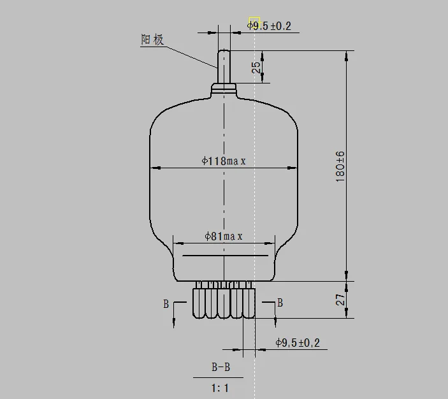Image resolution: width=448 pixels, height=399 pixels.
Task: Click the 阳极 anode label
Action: (152, 40)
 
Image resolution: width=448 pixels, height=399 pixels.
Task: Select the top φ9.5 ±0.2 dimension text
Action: (269, 26)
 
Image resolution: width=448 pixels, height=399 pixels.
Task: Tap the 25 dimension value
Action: (256, 68)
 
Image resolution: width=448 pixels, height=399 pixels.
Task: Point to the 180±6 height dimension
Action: (340, 166)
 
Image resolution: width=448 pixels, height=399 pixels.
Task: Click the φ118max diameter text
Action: (224, 161)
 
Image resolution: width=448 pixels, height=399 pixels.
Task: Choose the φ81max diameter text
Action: (224, 236)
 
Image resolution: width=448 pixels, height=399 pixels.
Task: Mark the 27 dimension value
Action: (340, 300)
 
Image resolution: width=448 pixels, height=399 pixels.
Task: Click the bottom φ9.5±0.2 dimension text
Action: (298, 343)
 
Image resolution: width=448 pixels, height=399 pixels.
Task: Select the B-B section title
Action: (221, 367)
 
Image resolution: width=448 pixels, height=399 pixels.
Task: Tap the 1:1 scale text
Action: (220, 388)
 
